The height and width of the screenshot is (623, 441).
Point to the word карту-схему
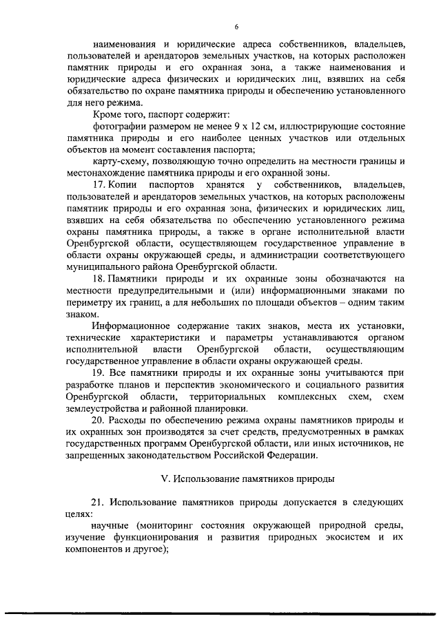click(121, 161)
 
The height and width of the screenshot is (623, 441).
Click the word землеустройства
click(104, 408)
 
